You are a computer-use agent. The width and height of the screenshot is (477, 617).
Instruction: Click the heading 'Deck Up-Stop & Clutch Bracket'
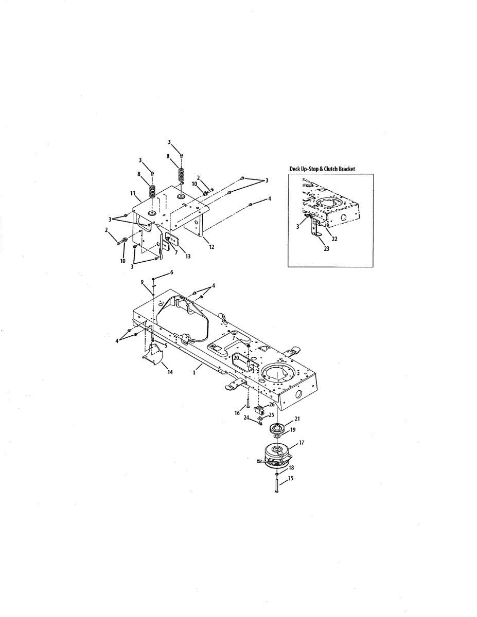[322, 169]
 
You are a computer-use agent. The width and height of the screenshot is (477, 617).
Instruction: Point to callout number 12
[211, 247]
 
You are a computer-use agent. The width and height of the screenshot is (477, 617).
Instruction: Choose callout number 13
[188, 256]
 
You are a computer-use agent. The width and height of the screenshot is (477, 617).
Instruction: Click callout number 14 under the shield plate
[170, 372]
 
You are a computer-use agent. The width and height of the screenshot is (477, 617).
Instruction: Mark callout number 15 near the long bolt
[291, 479]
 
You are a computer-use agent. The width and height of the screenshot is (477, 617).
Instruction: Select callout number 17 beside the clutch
[301, 443]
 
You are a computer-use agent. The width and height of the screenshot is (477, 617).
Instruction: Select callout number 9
[142, 282]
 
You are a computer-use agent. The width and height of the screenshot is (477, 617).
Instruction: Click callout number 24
[246, 418]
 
